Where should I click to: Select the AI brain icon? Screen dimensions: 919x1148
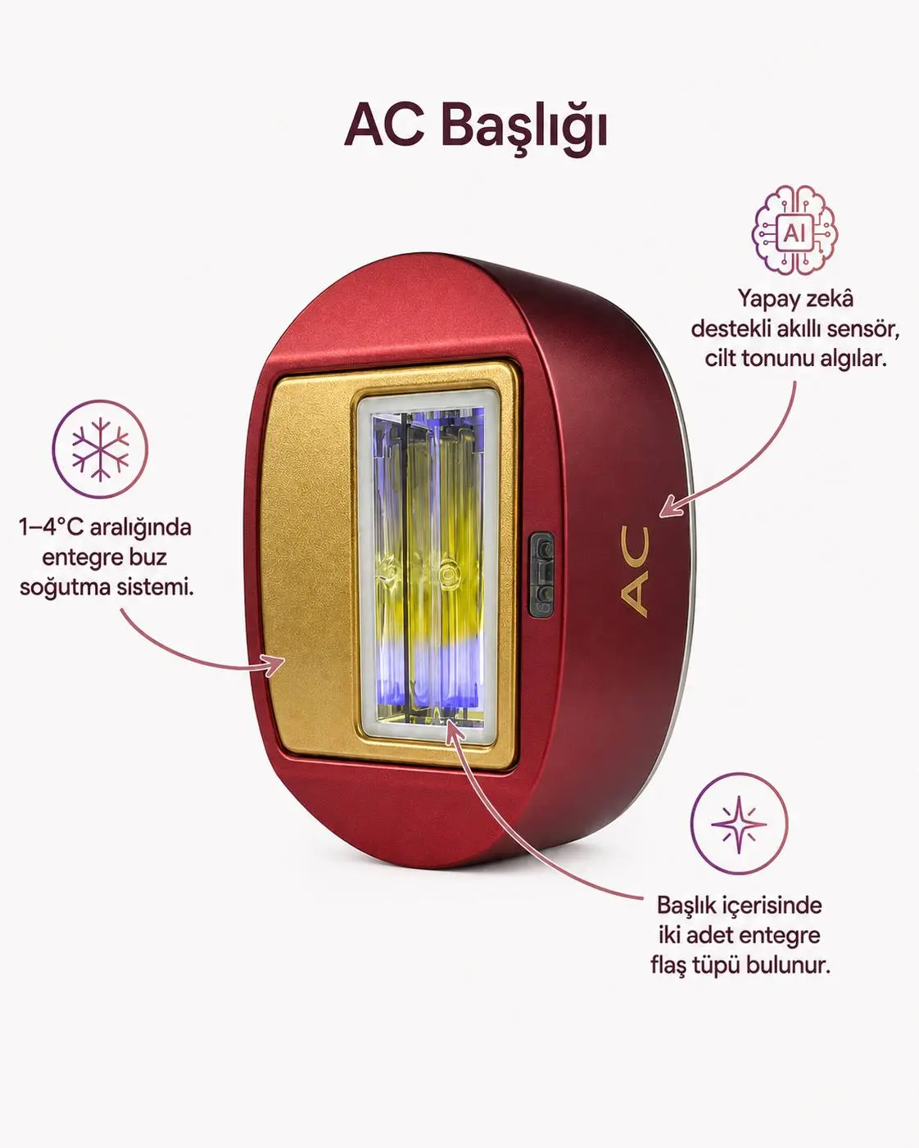pos(795,230)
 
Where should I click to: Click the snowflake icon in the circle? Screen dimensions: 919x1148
pos(100,449)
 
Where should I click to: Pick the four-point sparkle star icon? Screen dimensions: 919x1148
pos(739,825)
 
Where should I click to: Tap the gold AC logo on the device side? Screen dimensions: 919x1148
pos(635,572)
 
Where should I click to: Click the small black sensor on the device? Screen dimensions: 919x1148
pos(541,574)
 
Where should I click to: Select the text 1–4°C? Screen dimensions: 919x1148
pos(51,527)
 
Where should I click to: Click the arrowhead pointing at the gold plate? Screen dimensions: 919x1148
pos(277,665)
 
